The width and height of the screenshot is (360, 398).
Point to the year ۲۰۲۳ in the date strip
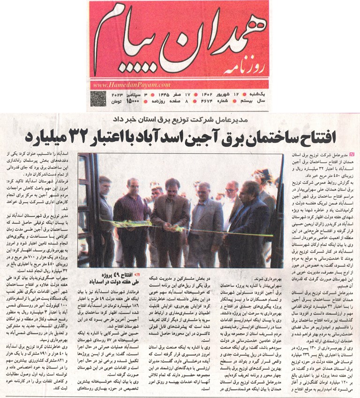(x=117, y=95)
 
